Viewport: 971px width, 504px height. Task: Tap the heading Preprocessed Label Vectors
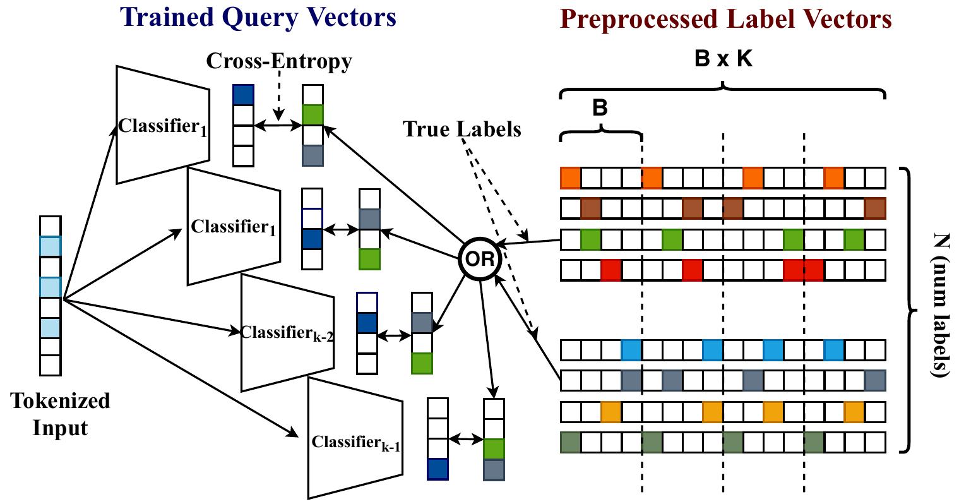pos(725,19)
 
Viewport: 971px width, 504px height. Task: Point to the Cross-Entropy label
pos(278,61)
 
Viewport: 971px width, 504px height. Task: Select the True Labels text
pos(462,129)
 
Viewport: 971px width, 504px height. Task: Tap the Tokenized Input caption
pos(61,414)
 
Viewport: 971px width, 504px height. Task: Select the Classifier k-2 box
pos(287,332)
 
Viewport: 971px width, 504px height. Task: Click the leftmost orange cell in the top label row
pos(570,178)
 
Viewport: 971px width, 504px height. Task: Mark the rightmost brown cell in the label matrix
pos(875,208)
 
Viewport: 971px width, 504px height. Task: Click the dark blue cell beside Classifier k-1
pos(438,469)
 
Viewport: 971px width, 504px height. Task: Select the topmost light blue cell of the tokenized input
pos(51,246)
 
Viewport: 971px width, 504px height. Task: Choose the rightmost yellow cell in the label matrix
pos(855,412)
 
